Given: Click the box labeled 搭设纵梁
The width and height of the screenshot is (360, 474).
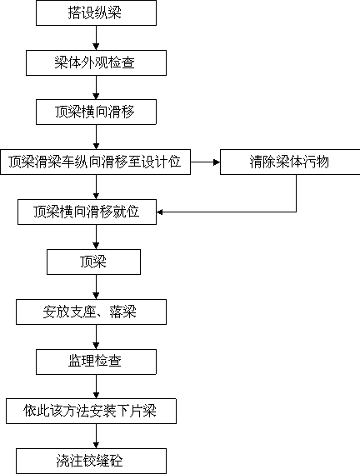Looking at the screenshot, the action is [x=96, y=12].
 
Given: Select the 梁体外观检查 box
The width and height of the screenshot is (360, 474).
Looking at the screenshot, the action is [x=96, y=62].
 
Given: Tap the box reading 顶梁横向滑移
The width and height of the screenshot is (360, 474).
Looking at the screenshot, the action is [x=96, y=112].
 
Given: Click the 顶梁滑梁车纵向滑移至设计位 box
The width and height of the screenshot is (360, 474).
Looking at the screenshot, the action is [x=95, y=162].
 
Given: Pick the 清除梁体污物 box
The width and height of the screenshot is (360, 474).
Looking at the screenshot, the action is [x=290, y=162].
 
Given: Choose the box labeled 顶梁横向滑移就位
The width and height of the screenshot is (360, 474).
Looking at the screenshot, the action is [x=87, y=212].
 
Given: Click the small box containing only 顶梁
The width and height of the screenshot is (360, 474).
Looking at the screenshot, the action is [x=94, y=262].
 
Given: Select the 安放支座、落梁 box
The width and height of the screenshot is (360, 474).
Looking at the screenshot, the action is [x=92, y=312].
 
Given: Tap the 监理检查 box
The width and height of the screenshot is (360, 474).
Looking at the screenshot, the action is [x=96, y=362].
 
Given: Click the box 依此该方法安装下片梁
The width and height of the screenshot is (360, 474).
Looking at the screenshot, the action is [x=92, y=412].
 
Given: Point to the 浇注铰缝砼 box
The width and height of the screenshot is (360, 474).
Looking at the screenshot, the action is [x=92, y=461].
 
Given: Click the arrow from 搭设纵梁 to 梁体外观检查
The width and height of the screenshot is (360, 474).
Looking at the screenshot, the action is [x=96, y=37].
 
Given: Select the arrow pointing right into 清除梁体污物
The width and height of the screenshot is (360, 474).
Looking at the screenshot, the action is [x=205, y=162].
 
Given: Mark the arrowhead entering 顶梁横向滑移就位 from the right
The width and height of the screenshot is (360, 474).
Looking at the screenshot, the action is [x=160, y=212].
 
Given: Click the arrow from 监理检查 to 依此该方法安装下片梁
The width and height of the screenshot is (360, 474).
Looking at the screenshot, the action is [x=96, y=387].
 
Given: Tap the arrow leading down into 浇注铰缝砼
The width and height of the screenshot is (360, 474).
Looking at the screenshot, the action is [x=96, y=437].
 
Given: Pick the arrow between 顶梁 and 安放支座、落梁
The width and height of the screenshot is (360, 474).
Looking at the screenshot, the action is [x=96, y=287].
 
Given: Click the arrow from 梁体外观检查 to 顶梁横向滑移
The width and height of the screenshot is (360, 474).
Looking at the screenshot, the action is [x=96, y=87].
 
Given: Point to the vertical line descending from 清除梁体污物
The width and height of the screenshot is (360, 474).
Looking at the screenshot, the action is [x=296, y=193].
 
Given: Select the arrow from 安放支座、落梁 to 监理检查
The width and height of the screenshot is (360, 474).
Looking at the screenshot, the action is [x=96, y=337].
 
